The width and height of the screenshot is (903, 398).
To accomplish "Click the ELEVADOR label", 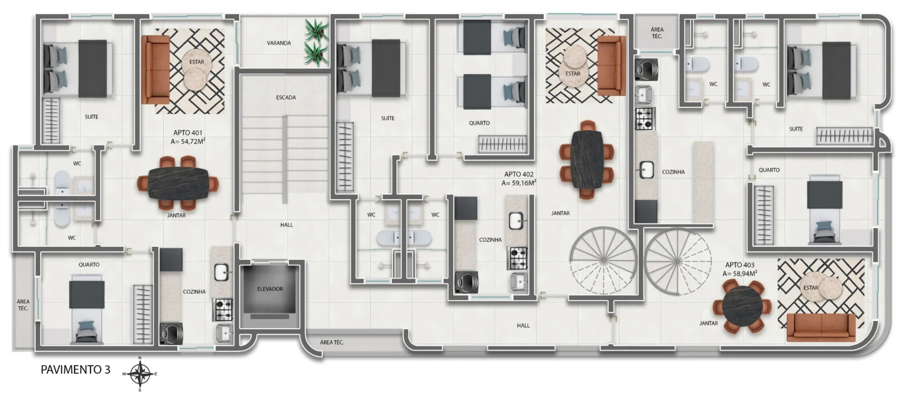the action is point(270,289).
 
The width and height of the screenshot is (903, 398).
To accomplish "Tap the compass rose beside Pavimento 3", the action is point(140,373).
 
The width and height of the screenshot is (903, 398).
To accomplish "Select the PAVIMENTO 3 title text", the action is point(76,370).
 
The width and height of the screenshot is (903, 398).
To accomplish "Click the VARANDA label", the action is point(279,43).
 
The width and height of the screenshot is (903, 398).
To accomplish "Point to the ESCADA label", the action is point(286,97).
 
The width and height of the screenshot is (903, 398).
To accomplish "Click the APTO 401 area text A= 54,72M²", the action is point(188,141).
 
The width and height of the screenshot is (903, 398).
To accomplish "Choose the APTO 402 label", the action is point(519,174).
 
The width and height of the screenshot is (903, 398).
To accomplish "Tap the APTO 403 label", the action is point(740,264).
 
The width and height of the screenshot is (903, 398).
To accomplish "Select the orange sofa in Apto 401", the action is point(156,69).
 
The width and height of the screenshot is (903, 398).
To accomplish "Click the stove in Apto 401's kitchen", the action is point(222,309).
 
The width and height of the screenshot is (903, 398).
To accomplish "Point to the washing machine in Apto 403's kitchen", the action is point(646,68).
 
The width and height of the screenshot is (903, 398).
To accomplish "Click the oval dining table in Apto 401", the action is point(179,183).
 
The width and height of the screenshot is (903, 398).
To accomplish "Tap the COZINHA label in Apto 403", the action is point(673,171).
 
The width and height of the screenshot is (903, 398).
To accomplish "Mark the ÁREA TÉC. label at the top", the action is point(657,33).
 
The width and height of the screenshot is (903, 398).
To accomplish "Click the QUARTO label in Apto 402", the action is point(479,123).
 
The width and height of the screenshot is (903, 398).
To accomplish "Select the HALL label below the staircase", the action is point(287,225).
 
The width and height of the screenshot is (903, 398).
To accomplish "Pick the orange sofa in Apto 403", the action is point(821,328).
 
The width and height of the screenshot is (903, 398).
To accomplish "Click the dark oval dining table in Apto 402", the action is point(586,160).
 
